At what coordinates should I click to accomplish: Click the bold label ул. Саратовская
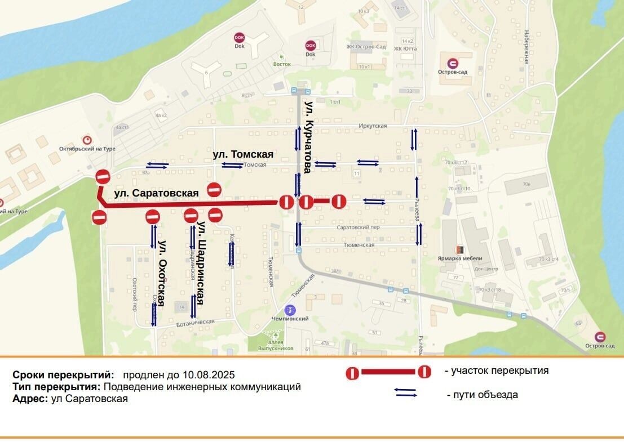[156, 193]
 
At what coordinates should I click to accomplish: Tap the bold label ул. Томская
[243, 154]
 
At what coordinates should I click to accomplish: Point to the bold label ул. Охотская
[162, 274]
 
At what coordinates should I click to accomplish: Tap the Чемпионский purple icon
[290, 310]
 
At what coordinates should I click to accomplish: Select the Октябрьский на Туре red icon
[87, 140]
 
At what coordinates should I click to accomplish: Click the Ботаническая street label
[196, 322]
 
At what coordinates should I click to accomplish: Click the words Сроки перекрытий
[63, 374]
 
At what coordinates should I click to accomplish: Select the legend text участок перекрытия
[496, 370]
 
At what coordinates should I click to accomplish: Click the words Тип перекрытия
[56, 387]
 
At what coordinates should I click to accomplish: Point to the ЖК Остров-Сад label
[366, 47]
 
